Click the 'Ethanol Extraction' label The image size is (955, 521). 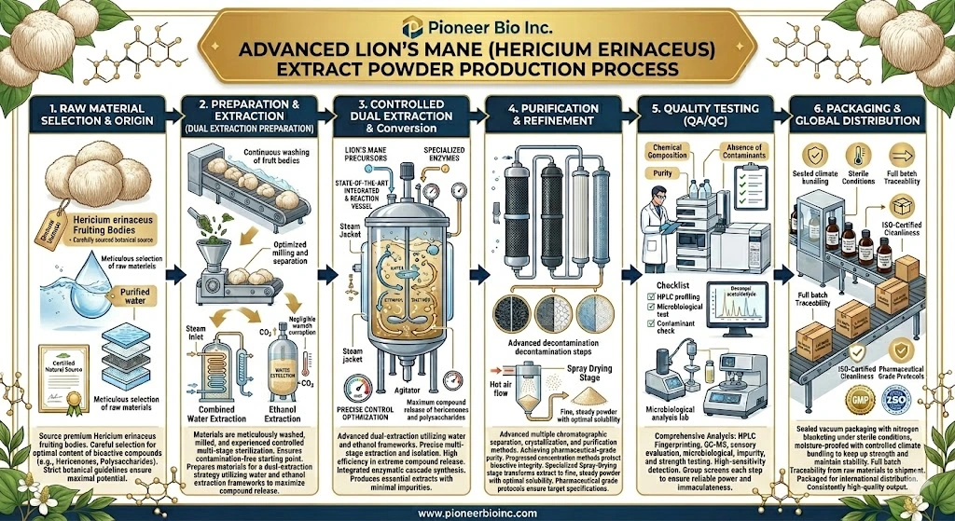coord(284,414)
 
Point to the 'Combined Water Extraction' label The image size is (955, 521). coord(217,414)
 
